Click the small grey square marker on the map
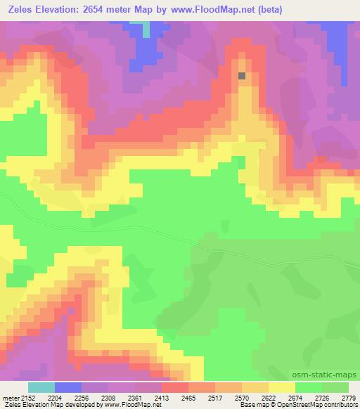tap(242, 75)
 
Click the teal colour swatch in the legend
tap(41, 387)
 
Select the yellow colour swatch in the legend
tap(281, 387)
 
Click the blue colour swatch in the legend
tap(68, 387)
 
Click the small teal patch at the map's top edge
tap(146, 30)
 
